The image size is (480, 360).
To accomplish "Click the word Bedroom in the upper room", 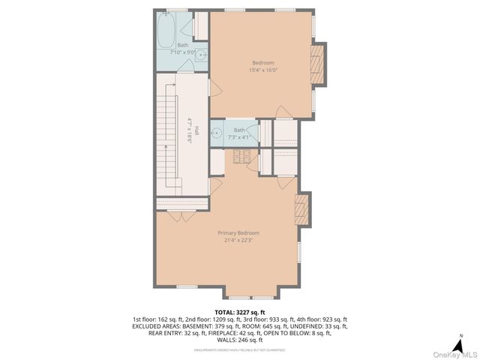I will pyautogui.click(x=262, y=62).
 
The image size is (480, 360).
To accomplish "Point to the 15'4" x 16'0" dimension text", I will pyautogui.click(x=262, y=70).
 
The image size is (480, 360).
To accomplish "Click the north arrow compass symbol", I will pyautogui.click(x=460, y=339).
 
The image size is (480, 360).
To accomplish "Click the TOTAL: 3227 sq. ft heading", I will pyautogui.click(x=240, y=311).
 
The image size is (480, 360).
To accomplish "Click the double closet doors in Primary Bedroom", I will pyautogui.click(x=177, y=216).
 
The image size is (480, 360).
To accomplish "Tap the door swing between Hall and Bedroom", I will pyautogui.click(x=214, y=88).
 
